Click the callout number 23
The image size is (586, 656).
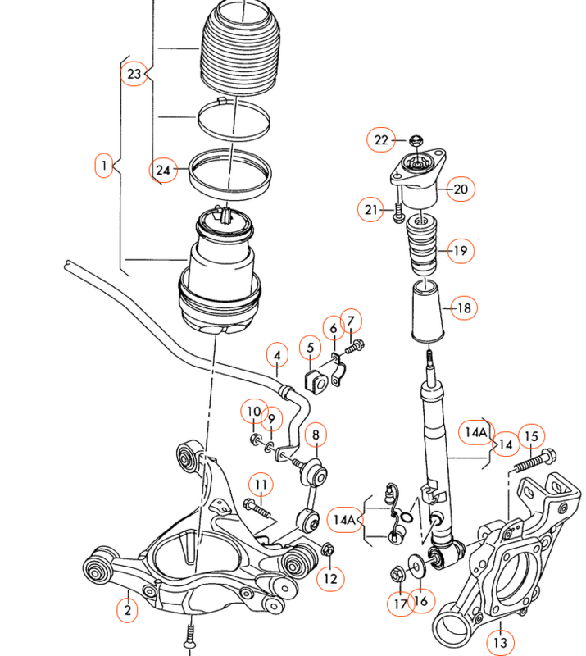(134, 74)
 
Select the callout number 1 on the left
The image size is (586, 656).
(104, 166)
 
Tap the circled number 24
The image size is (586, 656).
(163, 171)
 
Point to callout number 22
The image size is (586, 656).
(381, 139)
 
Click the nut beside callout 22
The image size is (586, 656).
(416, 140)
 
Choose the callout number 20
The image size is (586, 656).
(461, 189)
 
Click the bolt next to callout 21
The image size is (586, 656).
(397, 213)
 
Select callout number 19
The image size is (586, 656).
(461, 251)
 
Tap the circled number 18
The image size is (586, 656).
(463, 308)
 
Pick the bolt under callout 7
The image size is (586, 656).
(354, 347)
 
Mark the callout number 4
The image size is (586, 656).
(277, 356)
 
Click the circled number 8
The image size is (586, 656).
(316, 435)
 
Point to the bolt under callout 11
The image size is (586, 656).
(257, 509)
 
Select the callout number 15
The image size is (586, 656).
(531, 437)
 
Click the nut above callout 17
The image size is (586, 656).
(397, 575)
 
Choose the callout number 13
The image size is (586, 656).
(500, 642)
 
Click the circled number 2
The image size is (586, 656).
(127, 610)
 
